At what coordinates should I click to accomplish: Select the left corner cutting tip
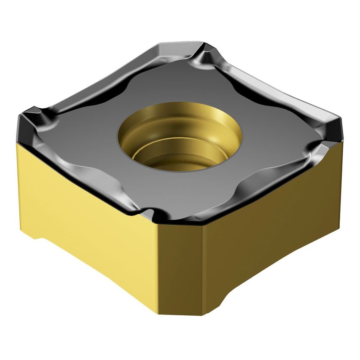coord(30,114)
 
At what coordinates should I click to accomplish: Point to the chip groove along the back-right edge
coord(270,84)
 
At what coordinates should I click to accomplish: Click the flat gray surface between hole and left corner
coord(93,131)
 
